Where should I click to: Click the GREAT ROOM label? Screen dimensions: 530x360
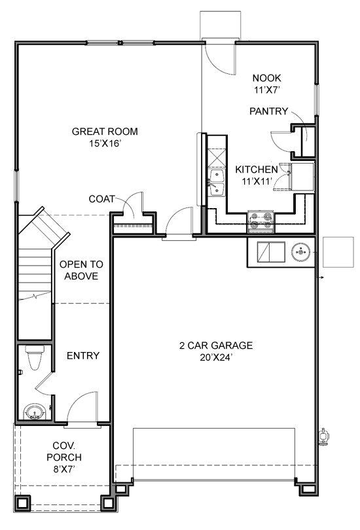105,132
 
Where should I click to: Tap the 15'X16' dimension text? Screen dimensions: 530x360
105,143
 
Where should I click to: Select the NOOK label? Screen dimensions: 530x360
266,78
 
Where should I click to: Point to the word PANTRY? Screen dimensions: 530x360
268,111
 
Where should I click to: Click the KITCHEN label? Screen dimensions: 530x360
257,168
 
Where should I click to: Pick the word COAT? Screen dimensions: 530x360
102,199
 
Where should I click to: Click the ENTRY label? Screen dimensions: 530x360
83,356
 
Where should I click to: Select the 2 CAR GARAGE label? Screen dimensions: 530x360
216,345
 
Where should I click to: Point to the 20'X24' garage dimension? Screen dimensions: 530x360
216,357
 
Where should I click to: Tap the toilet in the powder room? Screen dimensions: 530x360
33,357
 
